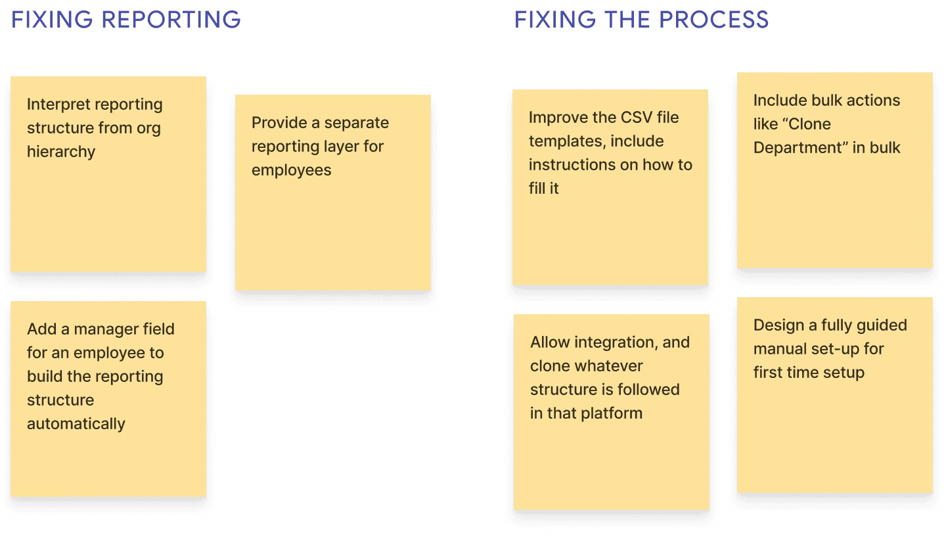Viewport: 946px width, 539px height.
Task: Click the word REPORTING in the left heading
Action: pyautogui.click(x=171, y=20)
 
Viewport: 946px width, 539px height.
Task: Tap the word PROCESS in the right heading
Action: pyautogui.click(x=713, y=20)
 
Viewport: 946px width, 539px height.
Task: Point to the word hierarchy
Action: pyautogui.click(x=61, y=152)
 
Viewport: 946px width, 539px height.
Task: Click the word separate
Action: pyautogui.click(x=357, y=123)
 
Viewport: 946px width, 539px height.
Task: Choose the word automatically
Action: pyautogui.click(x=76, y=424)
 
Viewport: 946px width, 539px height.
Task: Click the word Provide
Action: pyautogui.click(x=279, y=123)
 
